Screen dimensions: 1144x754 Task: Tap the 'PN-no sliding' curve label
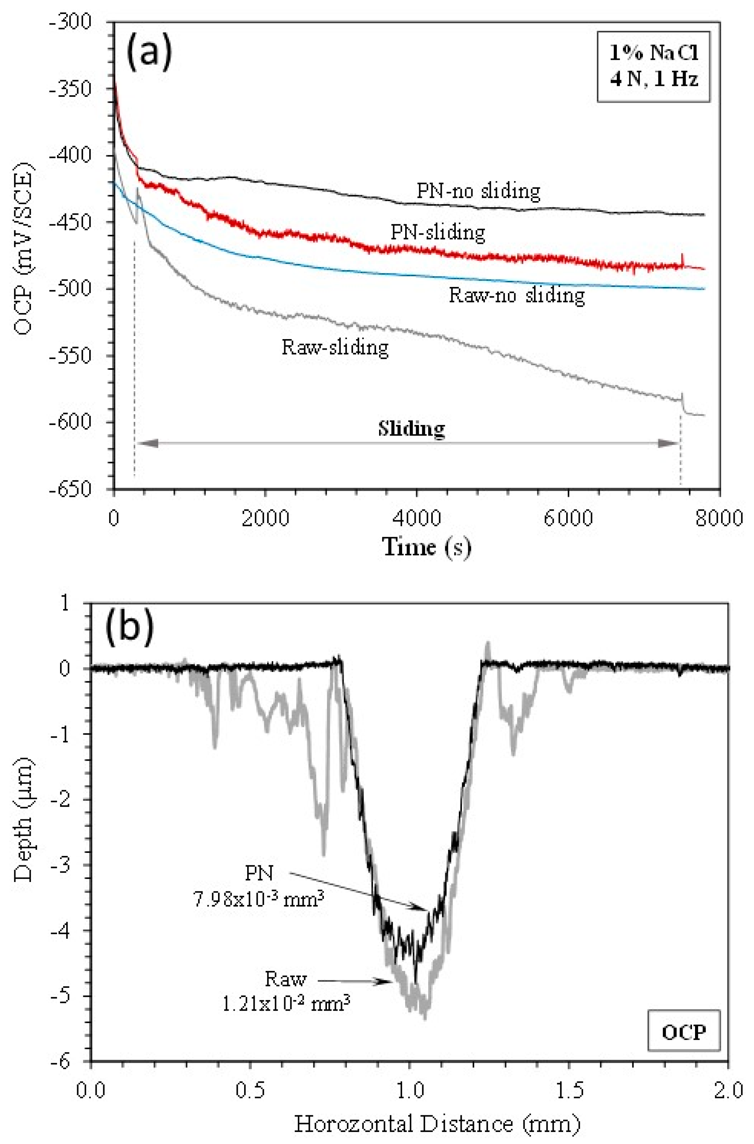click(x=478, y=191)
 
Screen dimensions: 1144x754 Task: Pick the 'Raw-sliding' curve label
click(x=335, y=347)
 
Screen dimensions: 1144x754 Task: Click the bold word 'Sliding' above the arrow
click(x=411, y=428)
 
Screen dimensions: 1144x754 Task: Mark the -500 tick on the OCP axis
click(x=72, y=289)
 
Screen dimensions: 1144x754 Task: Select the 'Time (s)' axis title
click(x=426, y=547)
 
